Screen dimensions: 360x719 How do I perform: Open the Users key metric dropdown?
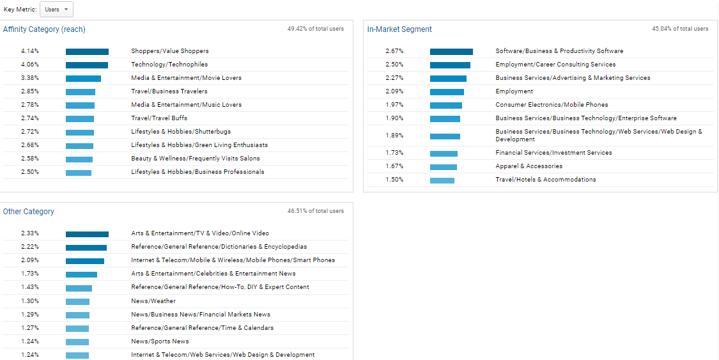click(56, 10)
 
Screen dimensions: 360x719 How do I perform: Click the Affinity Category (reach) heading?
click(44, 29)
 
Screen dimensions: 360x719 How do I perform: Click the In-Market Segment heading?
click(399, 29)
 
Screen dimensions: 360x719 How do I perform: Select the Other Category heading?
click(29, 212)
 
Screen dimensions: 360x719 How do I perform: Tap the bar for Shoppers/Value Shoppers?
click(87, 52)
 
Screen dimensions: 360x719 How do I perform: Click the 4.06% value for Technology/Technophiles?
click(30, 65)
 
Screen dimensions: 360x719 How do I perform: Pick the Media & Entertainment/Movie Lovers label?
click(186, 78)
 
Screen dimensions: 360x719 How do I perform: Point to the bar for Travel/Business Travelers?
click(81, 92)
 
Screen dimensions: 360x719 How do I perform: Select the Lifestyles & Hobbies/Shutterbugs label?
click(181, 132)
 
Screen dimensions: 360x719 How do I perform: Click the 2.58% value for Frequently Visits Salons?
click(30, 159)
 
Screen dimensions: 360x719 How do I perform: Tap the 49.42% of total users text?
click(315, 29)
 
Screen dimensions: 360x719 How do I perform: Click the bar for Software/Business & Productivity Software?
click(451, 52)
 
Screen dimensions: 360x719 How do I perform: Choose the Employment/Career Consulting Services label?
click(555, 65)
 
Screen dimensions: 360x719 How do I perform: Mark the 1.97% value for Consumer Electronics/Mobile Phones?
click(394, 105)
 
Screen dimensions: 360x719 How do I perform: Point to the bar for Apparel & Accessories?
click(444, 167)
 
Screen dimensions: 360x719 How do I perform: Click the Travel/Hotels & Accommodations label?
click(545, 180)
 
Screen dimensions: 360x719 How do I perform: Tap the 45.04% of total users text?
click(679, 29)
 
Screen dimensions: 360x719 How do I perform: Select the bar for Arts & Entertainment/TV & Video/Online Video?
click(87, 234)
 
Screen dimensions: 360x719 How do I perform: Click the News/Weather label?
click(153, 301)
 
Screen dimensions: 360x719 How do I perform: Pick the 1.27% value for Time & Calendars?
click(30, 328)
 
